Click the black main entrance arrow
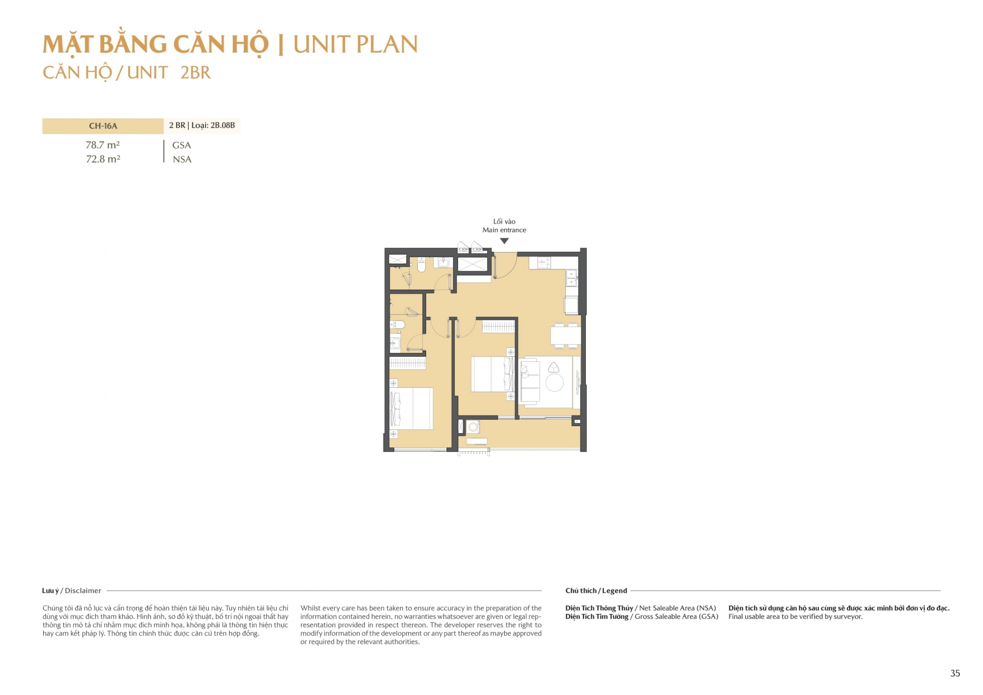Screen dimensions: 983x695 504,241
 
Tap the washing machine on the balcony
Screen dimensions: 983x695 473,427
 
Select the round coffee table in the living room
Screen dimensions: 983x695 554,382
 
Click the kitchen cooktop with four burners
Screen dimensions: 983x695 544,263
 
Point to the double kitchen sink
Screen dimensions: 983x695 571,278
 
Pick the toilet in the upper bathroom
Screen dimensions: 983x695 421,265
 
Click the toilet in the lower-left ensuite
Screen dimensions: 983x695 398,324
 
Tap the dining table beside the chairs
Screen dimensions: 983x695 566,335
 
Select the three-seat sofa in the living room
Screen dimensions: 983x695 530,381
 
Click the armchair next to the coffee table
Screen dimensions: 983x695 554,367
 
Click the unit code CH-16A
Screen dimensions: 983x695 103,126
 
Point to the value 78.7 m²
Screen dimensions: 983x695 103,145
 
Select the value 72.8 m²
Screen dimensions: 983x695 103,159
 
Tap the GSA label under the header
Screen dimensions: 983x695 181,145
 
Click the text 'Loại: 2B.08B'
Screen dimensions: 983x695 213,125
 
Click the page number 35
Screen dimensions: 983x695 955,673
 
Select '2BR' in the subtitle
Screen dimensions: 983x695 195,73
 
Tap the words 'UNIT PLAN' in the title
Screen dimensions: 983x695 355,45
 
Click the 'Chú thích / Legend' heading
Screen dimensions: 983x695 596,591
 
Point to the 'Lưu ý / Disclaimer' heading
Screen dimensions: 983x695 72,591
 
